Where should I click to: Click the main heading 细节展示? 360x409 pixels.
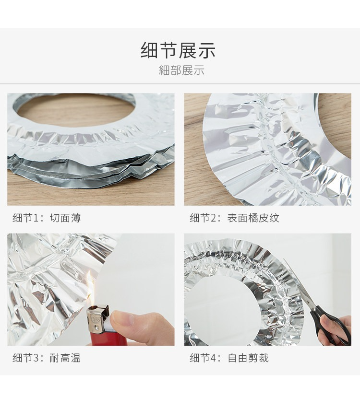click(x=178, y=50)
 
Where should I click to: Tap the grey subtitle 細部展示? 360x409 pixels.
click(x=182, y=70)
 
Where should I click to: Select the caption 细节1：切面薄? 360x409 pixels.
click(x=47, y=218)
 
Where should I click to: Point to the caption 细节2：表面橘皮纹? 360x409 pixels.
click(x=234, y=218)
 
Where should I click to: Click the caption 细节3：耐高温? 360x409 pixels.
click(x=47, y=358)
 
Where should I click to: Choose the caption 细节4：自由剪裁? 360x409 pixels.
click(x=229, y=358)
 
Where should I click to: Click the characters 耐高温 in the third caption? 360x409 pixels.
click(x=65, y=358)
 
